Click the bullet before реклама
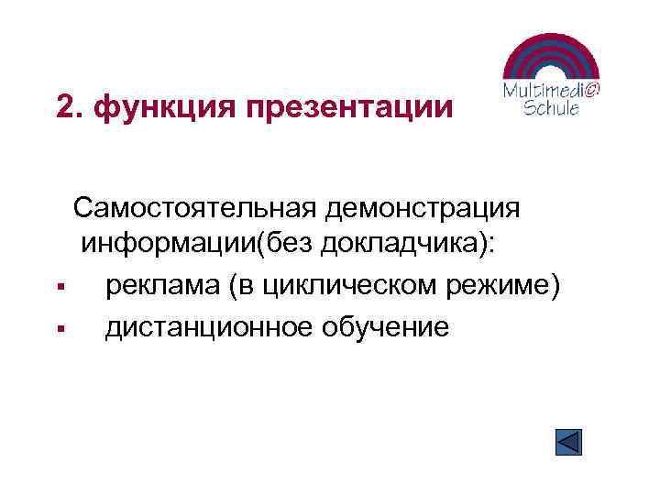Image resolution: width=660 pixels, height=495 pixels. coord(58,289)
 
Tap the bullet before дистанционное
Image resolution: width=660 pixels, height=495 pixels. coord(58,329)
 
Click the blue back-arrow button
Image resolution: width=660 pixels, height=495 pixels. coord(569,442)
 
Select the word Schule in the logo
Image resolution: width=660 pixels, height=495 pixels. coord(551,108)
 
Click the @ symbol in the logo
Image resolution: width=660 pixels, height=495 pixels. coord(591,89)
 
